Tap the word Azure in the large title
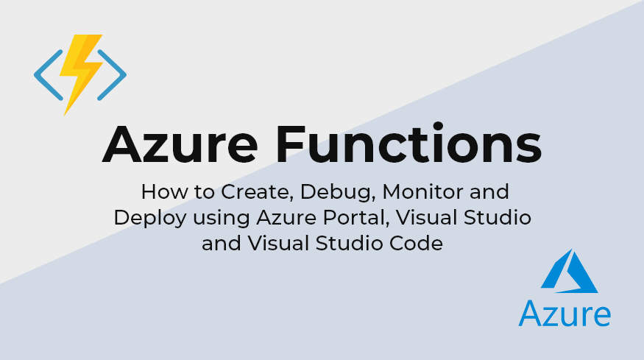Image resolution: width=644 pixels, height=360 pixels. [x=184, y=144]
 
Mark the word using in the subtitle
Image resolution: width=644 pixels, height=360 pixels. [x=216, y=219]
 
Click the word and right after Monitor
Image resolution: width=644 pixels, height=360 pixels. [x=489, y=194]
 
